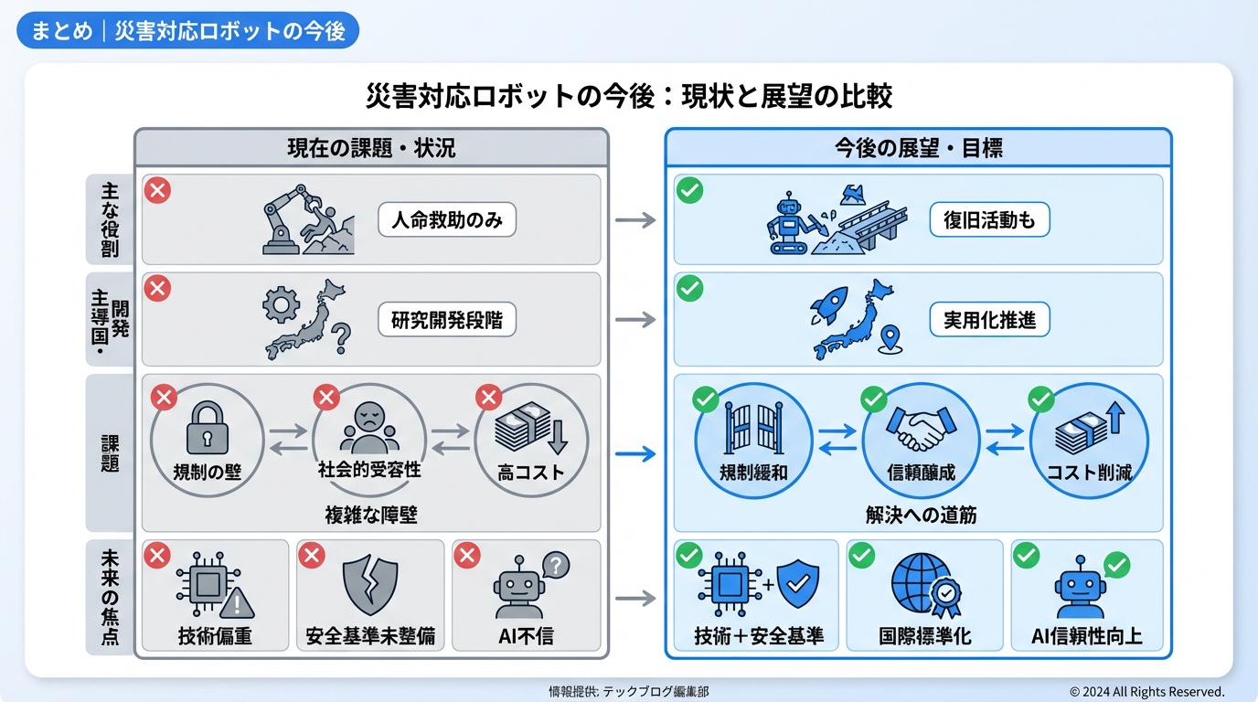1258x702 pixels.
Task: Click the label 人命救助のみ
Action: [x=447, y=220]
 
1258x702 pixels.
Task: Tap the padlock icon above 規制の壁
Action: [x=206, y=429]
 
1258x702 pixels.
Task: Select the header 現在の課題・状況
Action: [x=371, y=147]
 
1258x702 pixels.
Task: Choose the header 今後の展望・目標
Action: [x=918, y=147]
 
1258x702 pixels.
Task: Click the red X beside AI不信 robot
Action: [x=467, y=555]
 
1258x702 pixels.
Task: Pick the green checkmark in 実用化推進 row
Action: [x=689, y=289]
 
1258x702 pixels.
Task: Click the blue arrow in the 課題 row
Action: [x=636, y=453]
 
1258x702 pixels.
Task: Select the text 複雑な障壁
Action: [x=371, y=515]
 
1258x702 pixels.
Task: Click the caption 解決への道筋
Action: [x=921, y=515]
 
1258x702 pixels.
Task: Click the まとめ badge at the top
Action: [x=188, y=30]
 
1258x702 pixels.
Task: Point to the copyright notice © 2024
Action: [x=1146, y=692]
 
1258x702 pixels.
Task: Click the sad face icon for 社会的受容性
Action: [x=370, y=426]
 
